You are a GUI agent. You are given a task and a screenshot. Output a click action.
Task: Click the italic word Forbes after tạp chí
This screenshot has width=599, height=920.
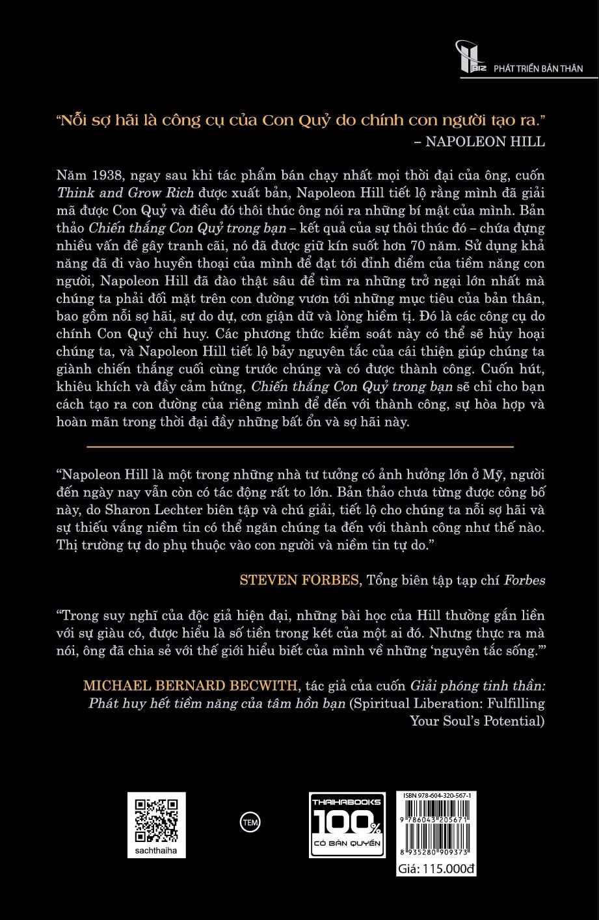tap(525, 581)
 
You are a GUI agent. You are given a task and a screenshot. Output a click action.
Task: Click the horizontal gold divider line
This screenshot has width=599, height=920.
tap(300, 447)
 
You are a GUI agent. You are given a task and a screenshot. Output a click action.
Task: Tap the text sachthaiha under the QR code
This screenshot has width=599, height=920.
tap(156, 850)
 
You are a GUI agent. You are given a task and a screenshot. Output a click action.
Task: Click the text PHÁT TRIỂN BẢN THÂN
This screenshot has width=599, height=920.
tap(538, 68)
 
